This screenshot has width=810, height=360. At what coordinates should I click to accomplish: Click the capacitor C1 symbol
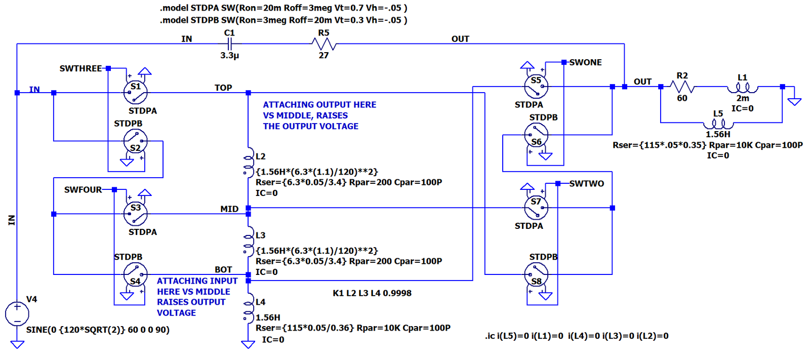[230, 44]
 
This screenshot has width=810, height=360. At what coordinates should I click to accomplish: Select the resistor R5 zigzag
[324, 44]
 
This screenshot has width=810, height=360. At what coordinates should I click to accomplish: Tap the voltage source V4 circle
[17, 314]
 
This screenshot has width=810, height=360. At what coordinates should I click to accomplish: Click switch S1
[135, 92]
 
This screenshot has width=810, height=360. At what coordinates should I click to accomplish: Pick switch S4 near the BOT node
[135, 274]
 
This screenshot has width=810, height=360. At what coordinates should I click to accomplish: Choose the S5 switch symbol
[536, 87]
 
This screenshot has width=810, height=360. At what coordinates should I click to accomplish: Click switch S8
[536, 274]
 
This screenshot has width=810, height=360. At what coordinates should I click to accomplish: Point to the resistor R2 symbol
[682, 87]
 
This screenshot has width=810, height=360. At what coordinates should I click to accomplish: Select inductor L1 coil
[742, 88]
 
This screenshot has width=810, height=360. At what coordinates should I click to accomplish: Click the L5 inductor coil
[718, 124]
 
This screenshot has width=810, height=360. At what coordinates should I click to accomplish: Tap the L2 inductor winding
[249, 163]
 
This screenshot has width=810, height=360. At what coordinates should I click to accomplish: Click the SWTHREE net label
[80, 68]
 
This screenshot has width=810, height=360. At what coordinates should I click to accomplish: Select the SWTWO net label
[587, 183]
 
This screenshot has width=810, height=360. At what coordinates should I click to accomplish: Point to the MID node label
[229, 209]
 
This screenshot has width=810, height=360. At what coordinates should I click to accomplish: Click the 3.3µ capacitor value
[230, 55]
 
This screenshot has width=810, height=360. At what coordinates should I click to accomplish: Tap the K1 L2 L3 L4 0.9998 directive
[372, 293]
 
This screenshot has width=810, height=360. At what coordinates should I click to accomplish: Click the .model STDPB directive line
[283, 20]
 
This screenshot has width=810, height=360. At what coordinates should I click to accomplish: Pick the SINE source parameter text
[98, 330]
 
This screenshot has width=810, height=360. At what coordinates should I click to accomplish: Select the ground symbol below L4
[248, 344]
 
